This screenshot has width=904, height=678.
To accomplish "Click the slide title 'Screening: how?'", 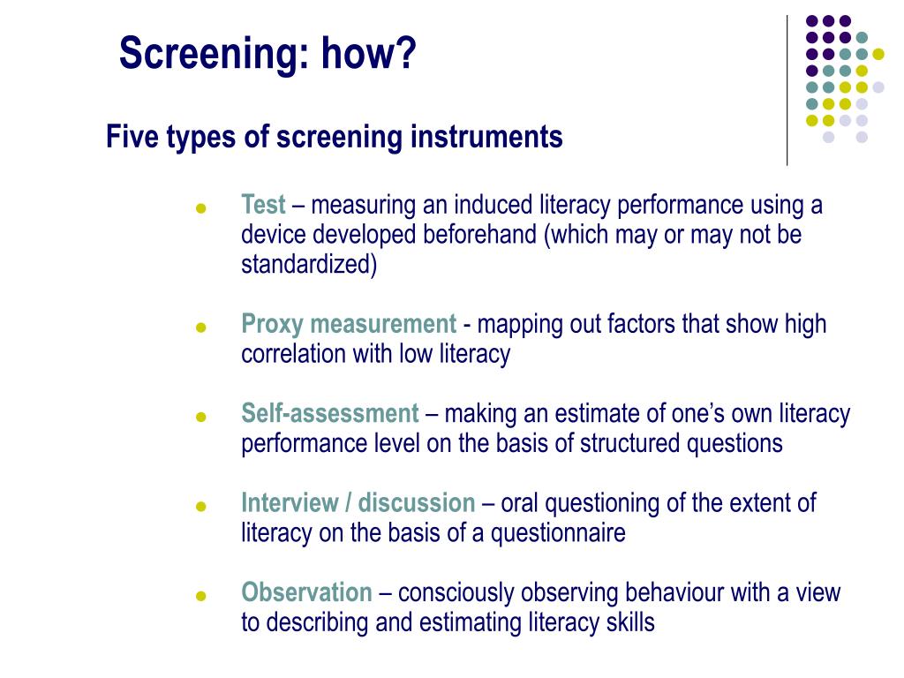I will (x=267, y=53).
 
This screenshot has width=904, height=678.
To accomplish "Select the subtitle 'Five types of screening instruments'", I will (x=334, y=138).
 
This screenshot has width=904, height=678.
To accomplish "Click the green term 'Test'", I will (x=263, y=206).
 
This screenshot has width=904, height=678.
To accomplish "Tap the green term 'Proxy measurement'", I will (x=349, y=324).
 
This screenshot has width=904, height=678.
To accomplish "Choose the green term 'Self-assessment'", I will (x=329, y=413).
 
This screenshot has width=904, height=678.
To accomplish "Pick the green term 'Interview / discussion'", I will (x=358, y=503).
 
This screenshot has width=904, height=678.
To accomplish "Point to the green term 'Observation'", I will (x=306, y=592).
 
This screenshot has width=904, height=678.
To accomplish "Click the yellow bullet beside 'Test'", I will (x=200, y=209).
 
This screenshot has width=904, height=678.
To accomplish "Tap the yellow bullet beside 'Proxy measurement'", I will (x=200, y=328).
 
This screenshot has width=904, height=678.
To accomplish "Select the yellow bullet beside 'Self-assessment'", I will (x=200, y=417).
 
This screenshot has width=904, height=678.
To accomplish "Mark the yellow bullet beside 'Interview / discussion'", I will (x=200, y=507).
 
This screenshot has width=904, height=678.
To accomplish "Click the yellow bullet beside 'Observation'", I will (x=200, y=596).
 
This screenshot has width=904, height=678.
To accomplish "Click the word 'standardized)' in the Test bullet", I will (x=309, y=265).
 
